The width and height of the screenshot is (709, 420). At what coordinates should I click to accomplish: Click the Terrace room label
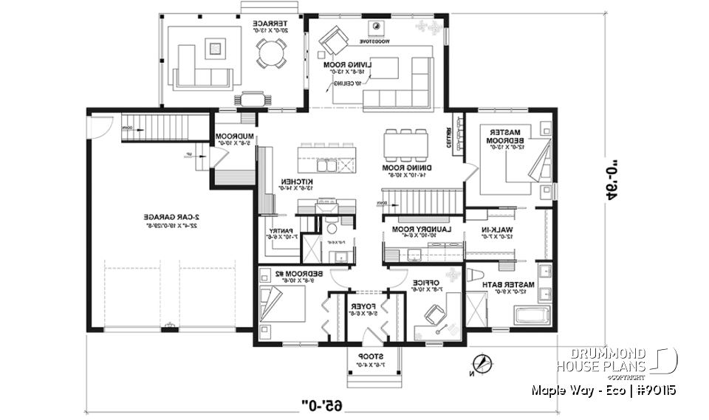265,27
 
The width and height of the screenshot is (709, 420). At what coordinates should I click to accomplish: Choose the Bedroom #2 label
282,276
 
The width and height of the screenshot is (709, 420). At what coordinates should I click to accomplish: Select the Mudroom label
235,140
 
